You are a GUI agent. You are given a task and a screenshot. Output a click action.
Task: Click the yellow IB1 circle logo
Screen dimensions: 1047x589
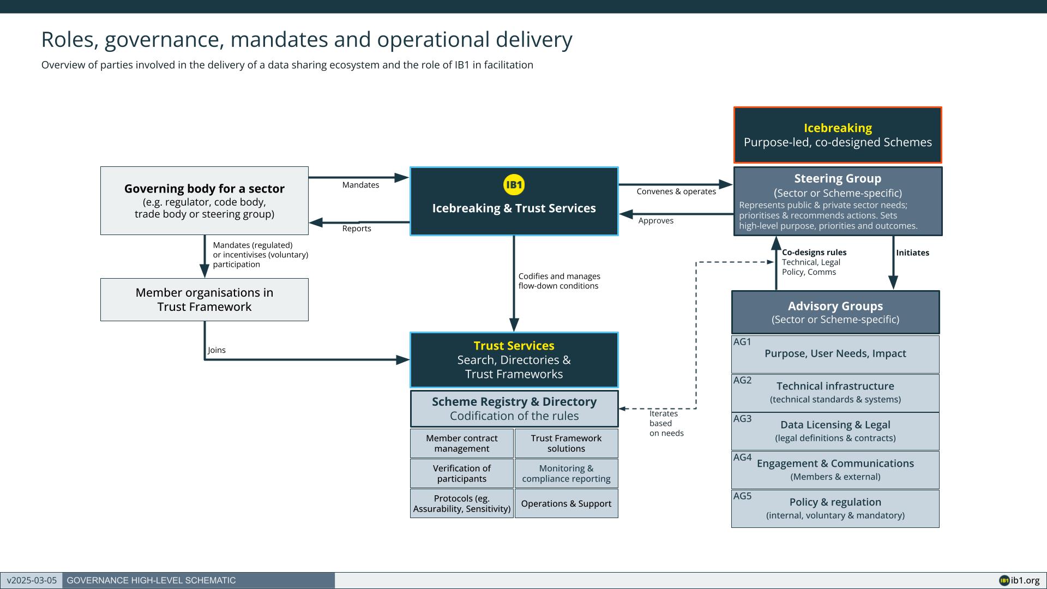pos(514,185)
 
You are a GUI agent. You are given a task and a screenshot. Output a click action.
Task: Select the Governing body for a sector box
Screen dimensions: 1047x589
pos(204,201)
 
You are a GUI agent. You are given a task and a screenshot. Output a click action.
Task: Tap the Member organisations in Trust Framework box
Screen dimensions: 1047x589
pos(204,299)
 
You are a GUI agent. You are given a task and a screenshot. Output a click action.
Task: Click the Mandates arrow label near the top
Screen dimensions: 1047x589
pos(360,185)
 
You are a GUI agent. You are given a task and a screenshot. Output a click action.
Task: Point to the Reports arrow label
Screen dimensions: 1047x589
pos(357,229)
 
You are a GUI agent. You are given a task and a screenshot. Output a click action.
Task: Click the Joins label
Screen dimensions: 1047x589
pos(216,350)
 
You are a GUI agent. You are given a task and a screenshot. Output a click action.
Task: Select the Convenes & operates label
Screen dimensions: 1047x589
pos(676,191)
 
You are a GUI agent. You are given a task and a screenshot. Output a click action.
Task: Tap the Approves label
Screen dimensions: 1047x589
pos(656,221)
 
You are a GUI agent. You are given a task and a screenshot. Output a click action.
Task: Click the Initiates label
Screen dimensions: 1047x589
pos(912,253)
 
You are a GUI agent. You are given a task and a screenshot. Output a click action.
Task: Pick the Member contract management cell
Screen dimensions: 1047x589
pos(462,443)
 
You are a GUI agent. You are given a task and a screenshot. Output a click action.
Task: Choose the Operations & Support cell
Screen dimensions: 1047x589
pos(566,503)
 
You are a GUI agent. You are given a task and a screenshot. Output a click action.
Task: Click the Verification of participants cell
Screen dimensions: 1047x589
pos(462,473)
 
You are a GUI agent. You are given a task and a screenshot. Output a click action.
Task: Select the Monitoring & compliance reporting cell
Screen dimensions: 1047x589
pos(566,473)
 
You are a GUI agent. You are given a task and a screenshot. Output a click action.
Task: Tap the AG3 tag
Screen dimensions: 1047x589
pos(742,419)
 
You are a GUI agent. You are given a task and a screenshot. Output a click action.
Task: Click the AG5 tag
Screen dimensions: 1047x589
pos(742,496)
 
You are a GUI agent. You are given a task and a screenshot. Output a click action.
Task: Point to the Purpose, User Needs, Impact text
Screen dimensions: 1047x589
pos(835,353)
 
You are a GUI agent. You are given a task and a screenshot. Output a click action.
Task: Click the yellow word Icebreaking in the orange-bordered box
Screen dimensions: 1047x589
pos(838,128)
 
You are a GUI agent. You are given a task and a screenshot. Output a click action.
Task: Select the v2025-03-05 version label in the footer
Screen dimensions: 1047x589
pos(32,581)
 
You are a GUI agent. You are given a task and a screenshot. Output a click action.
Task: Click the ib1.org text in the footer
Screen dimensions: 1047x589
pos(1025,581)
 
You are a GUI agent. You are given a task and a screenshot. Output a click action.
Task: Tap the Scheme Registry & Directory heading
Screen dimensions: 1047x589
pos(514,402)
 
